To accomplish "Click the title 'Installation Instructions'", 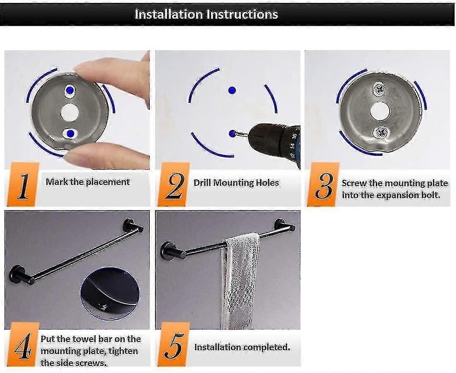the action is coord(206,14).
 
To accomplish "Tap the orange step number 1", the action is coord(23,184).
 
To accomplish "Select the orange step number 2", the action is coord(174,184).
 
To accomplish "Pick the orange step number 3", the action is coord(323,184).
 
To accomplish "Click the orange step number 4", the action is coord(23,344).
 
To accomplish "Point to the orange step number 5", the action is coord(174,344).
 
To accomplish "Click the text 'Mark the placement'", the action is coord(87,182).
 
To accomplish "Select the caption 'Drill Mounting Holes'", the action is coord(236,183).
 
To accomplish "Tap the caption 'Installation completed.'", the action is coord(242,347).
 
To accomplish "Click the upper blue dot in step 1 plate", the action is coord(70,90).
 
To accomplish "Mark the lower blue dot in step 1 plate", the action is coord(70,133).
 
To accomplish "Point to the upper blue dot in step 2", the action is coord(232,90).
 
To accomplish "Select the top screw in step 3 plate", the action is coord(379,88).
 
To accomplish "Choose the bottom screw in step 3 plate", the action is coord(381,133).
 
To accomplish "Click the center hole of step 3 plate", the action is coord(379,111).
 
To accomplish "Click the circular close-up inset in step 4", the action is coord(110,293).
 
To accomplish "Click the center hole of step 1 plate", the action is coord(69,112).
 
